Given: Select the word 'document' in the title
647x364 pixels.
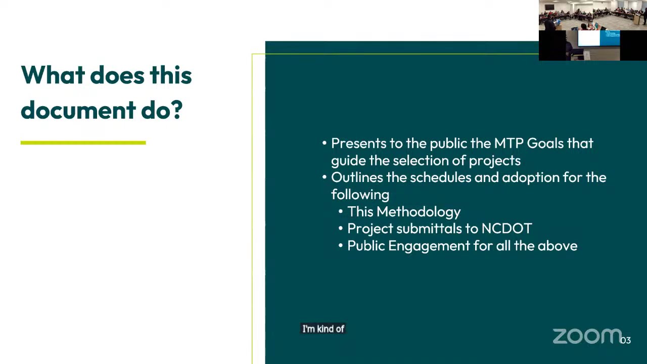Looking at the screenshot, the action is click(x=78, y=110).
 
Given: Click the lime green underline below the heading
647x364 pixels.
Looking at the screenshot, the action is click(x=83, y=143).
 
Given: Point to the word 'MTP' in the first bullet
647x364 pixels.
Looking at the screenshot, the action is click(x=509, y=143).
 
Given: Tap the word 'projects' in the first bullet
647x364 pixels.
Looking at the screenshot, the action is click(x=495, y=161).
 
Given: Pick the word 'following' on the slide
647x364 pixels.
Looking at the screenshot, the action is click(x=360, y=195).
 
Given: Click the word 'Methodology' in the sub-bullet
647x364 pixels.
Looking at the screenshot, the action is click(x=419, y=212).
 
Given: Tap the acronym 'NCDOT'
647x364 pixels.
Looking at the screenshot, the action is click(x=506, y=229).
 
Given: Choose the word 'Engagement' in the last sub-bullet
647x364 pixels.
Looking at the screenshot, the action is click(x=429, y=246).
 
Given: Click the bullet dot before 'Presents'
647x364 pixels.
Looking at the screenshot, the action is click(x=325, y=143).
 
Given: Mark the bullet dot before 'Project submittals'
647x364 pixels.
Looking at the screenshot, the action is click(x=341, y=229).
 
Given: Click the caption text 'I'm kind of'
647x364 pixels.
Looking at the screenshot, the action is click(x=323, y=329).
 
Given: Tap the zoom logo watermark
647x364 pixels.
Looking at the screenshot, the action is click(x=587, y=336).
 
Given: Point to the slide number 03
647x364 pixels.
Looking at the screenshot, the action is click(x=625, y=340).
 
